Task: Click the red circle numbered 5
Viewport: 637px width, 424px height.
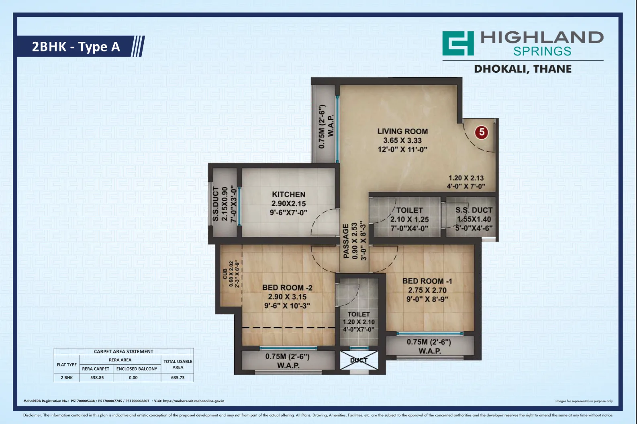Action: tap(482, 132)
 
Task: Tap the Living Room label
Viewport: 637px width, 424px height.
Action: tap(402, 131)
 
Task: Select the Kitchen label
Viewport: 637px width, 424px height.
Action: tap(289, 195)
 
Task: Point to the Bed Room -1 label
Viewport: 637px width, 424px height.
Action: tap(427, 281)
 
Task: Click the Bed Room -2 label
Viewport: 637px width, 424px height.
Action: tap(287, 288)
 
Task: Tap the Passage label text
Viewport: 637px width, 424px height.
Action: tap(346, 241)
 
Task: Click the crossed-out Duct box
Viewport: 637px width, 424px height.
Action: tap(359, 360)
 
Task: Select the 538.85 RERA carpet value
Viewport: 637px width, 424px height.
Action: tap(97, 378)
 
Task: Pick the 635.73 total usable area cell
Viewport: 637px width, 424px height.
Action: tap(178, 378)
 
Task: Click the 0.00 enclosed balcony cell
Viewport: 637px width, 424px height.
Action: tap(133, 378)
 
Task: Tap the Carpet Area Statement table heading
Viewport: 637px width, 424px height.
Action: tap(124, 351)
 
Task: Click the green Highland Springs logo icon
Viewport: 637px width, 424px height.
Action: tap(458, 43)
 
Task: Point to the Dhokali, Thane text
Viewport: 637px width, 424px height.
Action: tap(523, 69)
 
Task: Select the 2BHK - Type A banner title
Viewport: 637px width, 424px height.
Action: tap(76, 47)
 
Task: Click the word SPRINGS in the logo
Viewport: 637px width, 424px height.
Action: tap(542, 51)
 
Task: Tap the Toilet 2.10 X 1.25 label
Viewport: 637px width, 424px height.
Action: tap(410, 219)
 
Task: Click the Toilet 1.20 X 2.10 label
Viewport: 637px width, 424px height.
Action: tap(359, 322)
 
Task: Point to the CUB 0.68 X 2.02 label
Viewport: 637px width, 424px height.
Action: tap(231, 274)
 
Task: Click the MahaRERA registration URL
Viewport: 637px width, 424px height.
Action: tap(193, 401)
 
